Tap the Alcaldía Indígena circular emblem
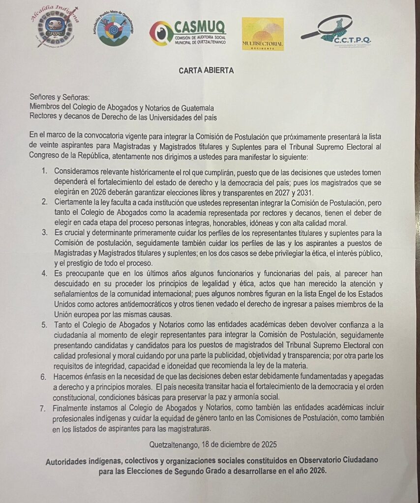(x=55, y=28)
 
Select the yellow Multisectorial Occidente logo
(x=263, y=34)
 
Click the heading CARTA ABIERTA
(x=206, y=70)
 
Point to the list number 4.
(x=44, y=273)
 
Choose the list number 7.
(x=44, y=407)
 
